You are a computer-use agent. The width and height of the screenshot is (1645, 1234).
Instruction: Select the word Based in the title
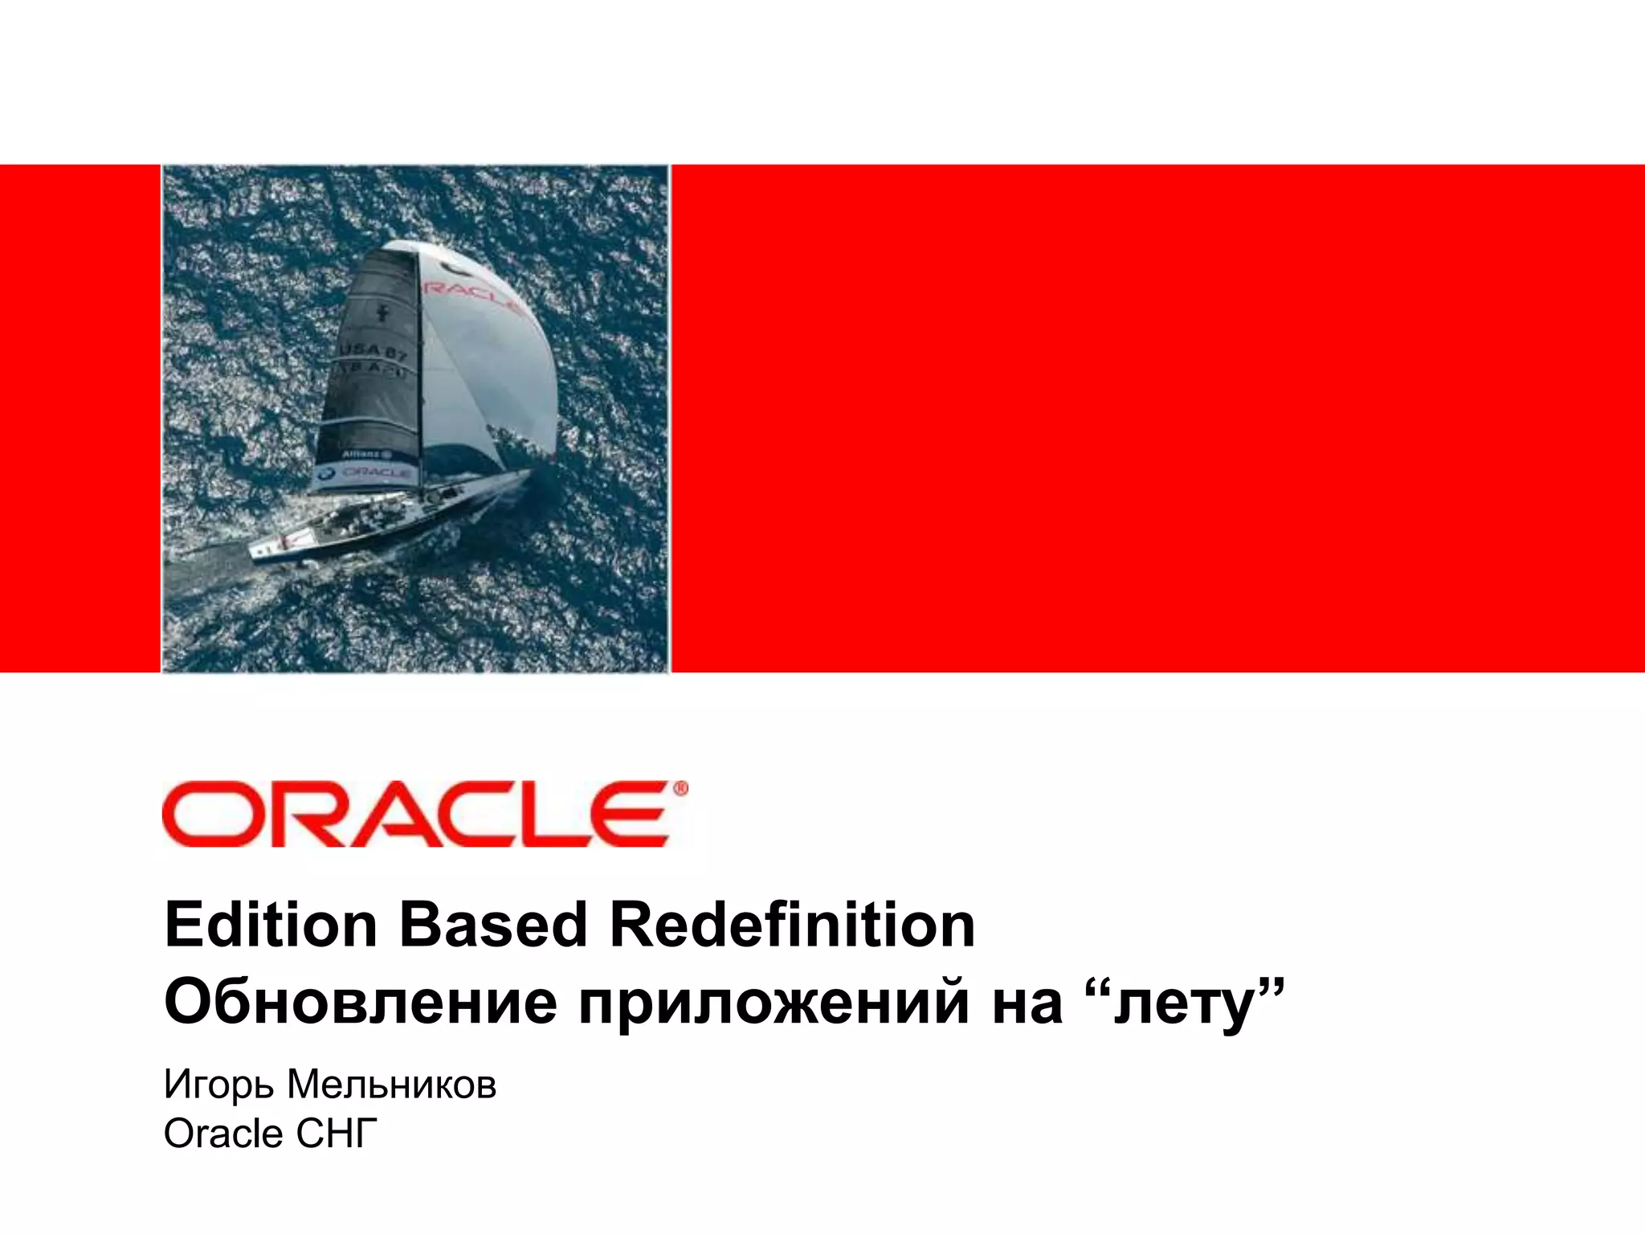point(493,925)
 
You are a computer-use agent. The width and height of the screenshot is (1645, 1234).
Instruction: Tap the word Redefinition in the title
point(792,925)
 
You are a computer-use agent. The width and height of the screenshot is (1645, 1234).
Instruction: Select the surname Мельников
point(392,1085)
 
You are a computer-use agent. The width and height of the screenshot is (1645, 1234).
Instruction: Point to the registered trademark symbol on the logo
point(680,790)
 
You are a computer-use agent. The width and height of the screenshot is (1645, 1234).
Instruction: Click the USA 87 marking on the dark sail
point(371,351)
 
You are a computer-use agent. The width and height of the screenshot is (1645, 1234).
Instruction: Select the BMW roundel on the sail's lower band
point(325,475)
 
